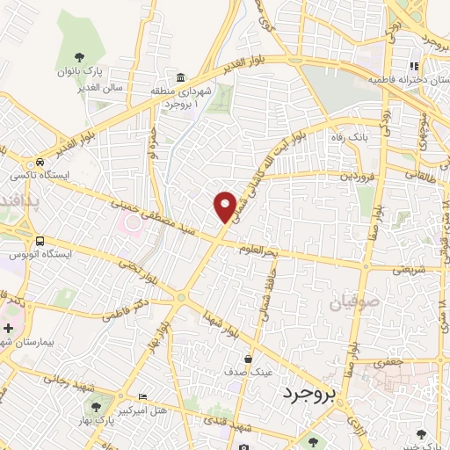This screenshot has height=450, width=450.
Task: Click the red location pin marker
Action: click(225, 206)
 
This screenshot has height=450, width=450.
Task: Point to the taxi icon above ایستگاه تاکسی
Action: click(41, 163)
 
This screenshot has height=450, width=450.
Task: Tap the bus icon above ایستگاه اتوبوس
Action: click(40, 240)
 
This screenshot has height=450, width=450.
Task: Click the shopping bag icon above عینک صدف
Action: click(248, 359)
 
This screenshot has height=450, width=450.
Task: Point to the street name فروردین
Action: click(334, 176)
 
